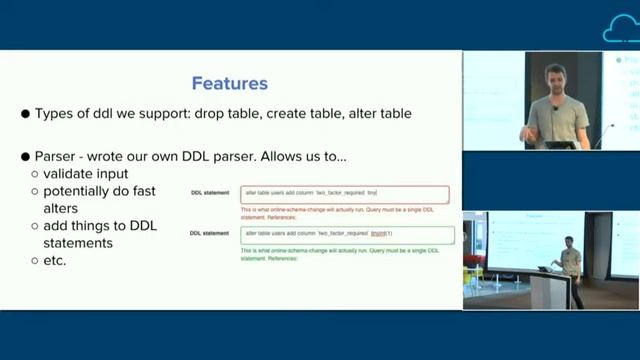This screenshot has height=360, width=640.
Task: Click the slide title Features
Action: [229, 83]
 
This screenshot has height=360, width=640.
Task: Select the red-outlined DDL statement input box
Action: [344, 194]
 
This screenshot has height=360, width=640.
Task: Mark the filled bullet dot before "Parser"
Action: [26, 158]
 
